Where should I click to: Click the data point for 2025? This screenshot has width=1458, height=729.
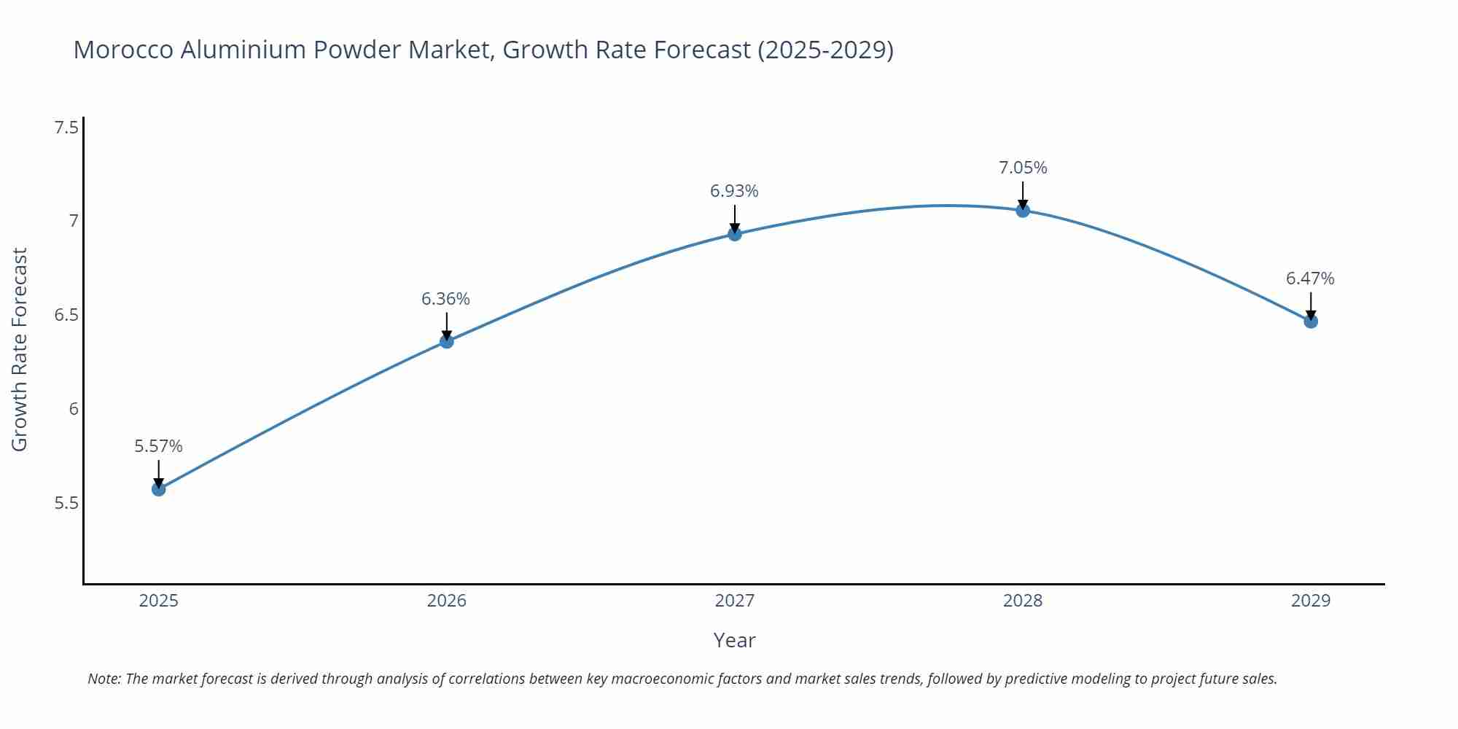point(158,488)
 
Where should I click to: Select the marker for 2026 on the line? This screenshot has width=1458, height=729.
point(446,340)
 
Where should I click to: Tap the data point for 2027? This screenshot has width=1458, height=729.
point(734,234)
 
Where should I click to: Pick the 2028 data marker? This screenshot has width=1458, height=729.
point(1023,211)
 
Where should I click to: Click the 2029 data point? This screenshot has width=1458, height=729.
point(1311,321)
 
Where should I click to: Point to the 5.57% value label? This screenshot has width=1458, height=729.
point(158,446)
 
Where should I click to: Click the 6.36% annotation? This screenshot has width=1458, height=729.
point(445,299)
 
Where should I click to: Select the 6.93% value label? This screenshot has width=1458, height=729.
point(734,191)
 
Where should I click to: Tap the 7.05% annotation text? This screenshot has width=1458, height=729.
point(1023,168)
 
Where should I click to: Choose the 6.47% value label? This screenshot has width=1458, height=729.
point(1310,278)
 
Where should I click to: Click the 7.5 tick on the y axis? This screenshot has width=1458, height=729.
point(66,128)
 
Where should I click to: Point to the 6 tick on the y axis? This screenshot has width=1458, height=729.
point(74,409)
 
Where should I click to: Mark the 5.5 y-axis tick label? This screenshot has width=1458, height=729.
point(66,503)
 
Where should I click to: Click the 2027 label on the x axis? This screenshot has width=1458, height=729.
point(734,601)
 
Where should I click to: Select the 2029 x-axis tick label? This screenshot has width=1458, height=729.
point(1311,601)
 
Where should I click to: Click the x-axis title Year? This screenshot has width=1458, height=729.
point(734,640)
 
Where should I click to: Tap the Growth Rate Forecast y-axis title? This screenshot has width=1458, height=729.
point(20,350)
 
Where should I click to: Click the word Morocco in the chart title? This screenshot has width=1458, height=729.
point(123,50)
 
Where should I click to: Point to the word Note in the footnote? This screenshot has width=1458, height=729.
point(104,679)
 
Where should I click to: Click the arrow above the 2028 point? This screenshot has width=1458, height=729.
point(1023,194)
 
